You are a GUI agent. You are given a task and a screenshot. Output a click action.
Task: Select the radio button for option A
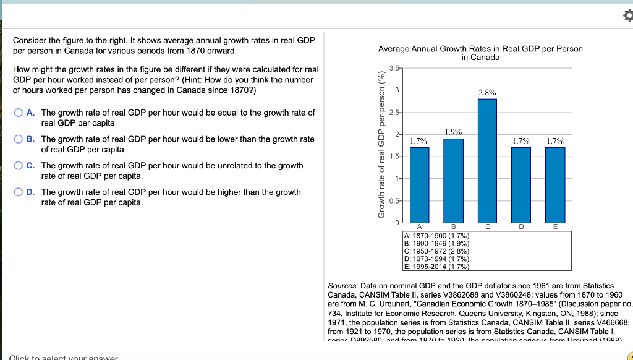(x=20, y=113)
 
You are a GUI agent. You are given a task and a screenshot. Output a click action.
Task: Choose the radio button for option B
(x=20, y=139)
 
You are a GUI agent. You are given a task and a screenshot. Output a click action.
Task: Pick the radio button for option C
(x=20, y=166)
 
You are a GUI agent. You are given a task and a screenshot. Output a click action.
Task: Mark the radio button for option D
(x=20, y=192)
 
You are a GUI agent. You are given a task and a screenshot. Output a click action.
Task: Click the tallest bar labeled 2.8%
(x=487, y=161)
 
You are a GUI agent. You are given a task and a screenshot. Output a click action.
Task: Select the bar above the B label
(x=453, y=180)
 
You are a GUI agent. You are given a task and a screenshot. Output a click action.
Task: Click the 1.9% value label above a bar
(x=453, y=132)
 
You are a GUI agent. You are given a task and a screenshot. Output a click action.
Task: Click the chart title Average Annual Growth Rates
(x=480, y=49)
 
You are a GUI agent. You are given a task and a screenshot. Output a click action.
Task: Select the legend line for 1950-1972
(x=435, y=251)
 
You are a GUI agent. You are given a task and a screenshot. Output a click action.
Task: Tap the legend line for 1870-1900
(x=435, y=236)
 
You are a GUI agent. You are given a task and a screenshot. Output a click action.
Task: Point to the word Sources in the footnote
(x=342, y=286)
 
